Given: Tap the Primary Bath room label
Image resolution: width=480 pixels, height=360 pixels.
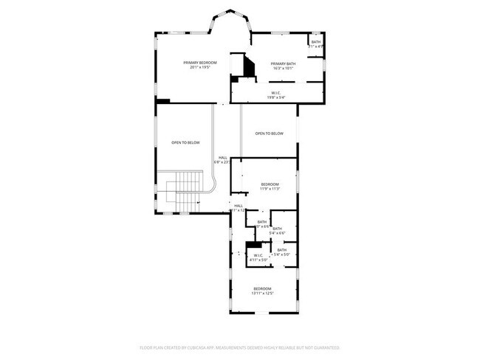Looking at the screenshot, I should tap(283, 63).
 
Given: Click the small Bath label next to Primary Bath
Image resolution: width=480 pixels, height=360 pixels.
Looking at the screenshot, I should tap(315, 42).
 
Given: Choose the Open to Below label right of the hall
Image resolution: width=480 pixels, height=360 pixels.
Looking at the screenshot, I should tap(270, 134).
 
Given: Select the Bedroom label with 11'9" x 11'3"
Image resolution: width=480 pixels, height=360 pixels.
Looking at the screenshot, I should tap(270, 184).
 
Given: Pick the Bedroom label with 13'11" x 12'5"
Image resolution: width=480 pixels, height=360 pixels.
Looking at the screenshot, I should tap(263, 288).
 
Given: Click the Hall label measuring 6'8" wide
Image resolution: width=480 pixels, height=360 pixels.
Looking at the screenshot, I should tap(222, 157).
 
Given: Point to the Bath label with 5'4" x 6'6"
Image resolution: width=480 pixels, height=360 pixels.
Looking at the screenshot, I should tap(277, 229).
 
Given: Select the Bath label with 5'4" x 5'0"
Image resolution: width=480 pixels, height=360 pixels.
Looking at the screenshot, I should tap(282, 250).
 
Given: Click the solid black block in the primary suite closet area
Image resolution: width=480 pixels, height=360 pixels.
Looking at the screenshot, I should tap(250, 68).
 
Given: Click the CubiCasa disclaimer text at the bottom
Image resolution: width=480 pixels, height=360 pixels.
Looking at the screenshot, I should tap(239, 347).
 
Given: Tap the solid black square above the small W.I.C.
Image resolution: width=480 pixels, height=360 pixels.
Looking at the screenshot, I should tap(254, 245).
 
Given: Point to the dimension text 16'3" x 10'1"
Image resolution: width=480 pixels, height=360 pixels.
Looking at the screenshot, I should tap(283, 69).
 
